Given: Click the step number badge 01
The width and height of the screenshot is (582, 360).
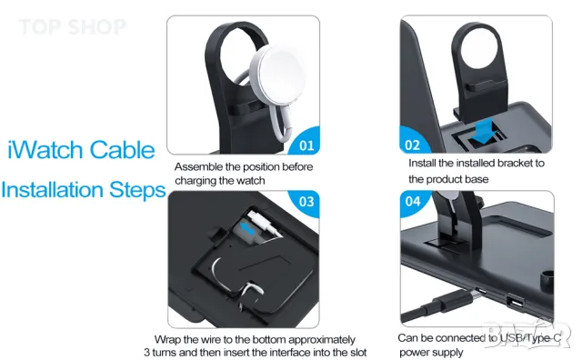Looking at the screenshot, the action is [306, 143].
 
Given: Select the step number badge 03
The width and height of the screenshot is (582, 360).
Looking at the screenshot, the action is [306, 202].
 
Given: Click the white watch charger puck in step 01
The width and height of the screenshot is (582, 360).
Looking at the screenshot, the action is [278, 72].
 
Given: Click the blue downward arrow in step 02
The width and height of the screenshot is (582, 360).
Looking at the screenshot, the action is [481, 132].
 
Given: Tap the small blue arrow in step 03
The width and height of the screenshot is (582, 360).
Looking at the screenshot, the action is [247, 227].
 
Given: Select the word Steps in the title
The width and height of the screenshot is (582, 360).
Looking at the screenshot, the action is [137, 190].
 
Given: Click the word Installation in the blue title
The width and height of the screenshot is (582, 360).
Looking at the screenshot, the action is [53, 190].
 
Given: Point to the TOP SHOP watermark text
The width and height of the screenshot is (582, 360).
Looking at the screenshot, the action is [73, 27].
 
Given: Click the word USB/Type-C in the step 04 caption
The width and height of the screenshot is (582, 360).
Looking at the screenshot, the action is [530, 338].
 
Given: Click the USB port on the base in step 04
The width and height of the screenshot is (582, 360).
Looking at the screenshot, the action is [516, 303].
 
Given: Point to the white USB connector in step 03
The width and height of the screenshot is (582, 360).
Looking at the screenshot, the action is [263, 223].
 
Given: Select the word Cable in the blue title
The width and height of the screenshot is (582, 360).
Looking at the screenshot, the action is [122, 150].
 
